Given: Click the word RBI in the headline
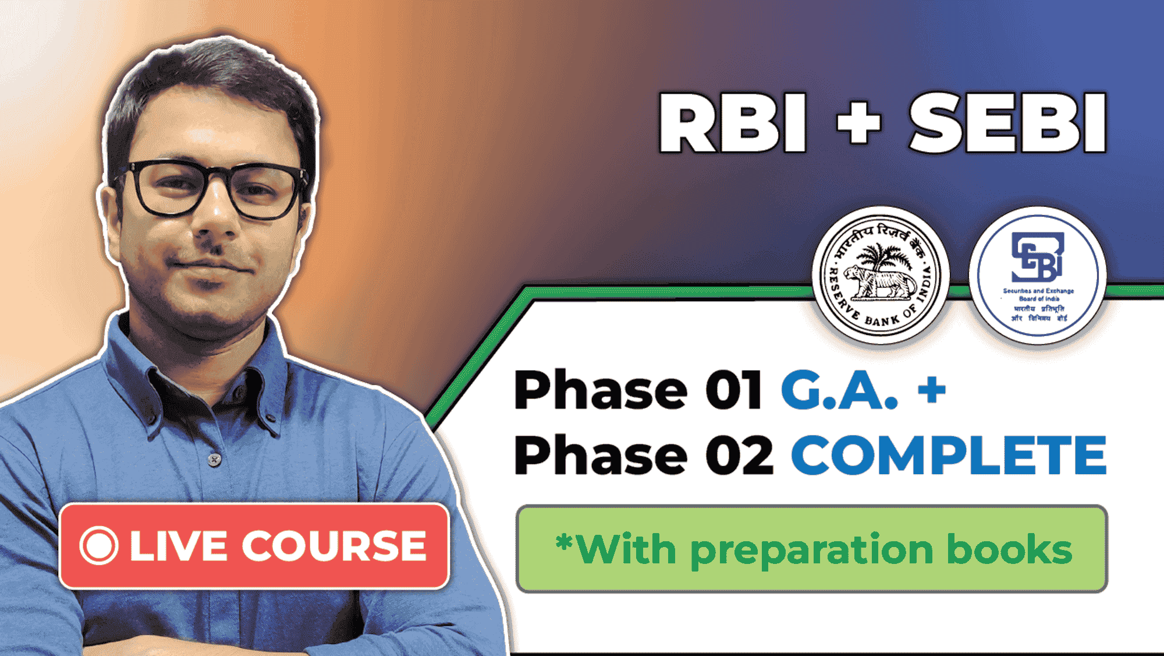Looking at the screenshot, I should click(x=732, y=123).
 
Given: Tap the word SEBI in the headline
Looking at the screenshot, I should click(x=1007, y=123).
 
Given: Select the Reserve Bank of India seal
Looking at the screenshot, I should click(x=881, y=274).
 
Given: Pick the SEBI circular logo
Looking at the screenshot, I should click(x=1038, y=276).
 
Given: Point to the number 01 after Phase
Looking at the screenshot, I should click(x=733, y=390).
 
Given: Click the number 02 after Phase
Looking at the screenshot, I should click(x=739, y=456).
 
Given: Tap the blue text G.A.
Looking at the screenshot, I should click(x=839, y=390).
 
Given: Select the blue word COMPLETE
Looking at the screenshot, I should click(x=949, y=456).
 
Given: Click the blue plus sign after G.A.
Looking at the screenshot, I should click(x=931, y=389).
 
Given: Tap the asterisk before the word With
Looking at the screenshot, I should click(x=564, y=543).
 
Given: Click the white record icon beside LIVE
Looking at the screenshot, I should click(x=99, y=546).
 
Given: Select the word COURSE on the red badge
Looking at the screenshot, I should click(x=334, y=546).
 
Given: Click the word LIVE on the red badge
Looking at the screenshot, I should click(x=178, y=546).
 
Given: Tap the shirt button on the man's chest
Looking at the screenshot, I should click(x=215, y=460).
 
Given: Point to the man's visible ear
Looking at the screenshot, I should click(x=110, y=218).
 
